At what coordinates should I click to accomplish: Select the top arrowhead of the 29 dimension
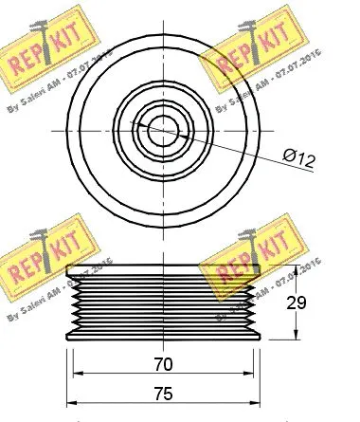click(296, 272)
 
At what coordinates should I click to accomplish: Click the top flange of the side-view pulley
click(162, 276)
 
